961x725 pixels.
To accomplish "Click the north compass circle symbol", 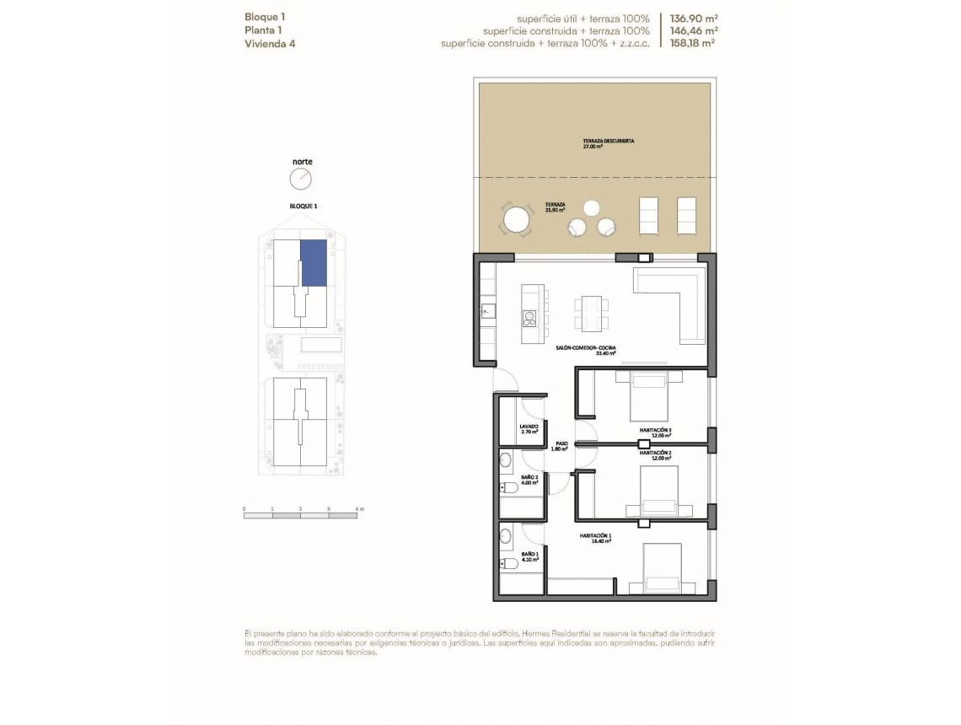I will tap(301, 179).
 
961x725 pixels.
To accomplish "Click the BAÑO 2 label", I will tap(529, 480).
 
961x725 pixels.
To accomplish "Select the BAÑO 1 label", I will tap(529, 556).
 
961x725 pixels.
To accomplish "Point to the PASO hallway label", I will tap(561, 445).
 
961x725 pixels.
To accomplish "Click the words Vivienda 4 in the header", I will tap(270, 43).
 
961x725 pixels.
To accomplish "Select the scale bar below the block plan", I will tap(300, 515).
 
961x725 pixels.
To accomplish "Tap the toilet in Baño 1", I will tap(508, 564).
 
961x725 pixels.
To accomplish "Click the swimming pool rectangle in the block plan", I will tap(320, 346).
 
